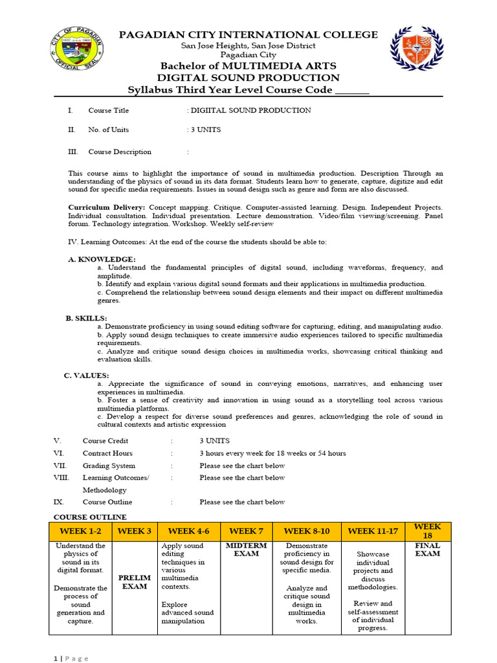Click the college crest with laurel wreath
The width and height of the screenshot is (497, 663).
[417, 49]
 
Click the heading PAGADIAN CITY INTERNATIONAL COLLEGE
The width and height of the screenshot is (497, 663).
[248, 34]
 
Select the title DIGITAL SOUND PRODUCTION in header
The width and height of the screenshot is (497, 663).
[248, 78]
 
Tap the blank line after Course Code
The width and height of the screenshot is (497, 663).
[352, 91]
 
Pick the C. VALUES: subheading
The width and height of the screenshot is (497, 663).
[86, 376]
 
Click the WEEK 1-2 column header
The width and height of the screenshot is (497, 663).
[81, 532]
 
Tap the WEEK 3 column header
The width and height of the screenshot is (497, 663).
[135, 532]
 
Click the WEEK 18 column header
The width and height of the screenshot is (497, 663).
[427, 532]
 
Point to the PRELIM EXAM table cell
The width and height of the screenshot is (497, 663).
[135, 582]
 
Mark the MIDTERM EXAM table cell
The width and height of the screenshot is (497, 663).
[247, 550]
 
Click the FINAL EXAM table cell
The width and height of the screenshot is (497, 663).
[427, 550]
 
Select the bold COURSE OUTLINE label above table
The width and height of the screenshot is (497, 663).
[90, 517]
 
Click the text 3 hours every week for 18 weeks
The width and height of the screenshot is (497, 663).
[272, 453]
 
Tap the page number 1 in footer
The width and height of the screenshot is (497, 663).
[55, 658]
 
